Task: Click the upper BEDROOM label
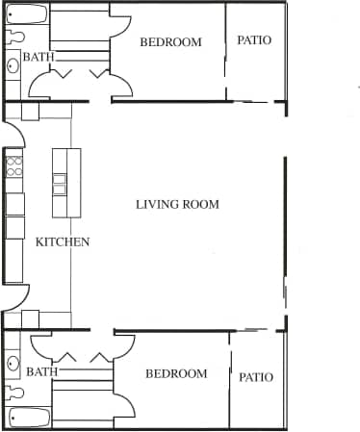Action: [170, 42]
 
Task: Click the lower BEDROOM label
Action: [176, 374]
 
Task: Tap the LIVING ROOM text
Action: [177, 204]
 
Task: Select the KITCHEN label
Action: [63, 242]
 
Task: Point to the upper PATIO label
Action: [254, 41]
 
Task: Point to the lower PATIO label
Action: [256, 377]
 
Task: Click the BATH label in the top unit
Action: [39, 58]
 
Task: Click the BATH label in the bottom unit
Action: [41, 371]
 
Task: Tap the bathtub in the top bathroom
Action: [26, 14]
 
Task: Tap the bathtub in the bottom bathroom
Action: [27, 418]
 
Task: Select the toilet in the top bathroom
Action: [13, 37]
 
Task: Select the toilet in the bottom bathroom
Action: [13, 394]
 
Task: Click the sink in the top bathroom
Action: [13, 66]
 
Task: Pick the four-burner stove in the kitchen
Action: [14, 167]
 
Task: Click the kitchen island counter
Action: [60, 183]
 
